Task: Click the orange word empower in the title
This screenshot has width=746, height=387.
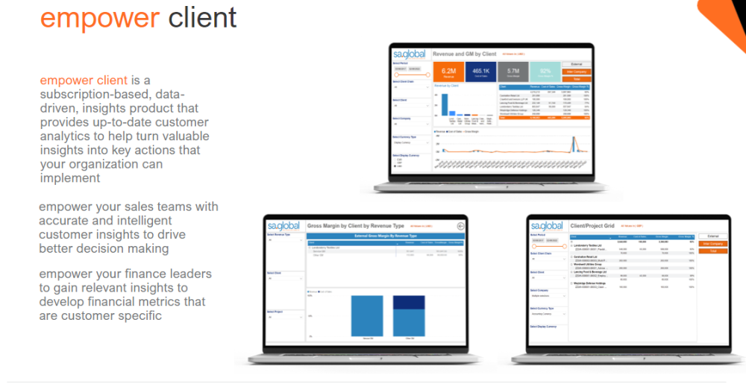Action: point(99,18)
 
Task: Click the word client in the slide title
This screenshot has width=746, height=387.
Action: point(202,18)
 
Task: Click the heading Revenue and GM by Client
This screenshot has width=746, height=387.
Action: point(465,54)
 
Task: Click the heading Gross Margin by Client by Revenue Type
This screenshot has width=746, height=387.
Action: point(355,225)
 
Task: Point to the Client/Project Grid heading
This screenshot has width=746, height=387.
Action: point(592,225)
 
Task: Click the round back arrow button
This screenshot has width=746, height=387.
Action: point(460,226)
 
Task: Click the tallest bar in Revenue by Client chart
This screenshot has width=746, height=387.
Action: point(444,104)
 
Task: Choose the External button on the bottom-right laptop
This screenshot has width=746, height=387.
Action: point(712,236)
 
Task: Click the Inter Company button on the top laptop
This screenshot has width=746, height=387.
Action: point(576,72)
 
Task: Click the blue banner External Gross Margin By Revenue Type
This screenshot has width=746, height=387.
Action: point(386,236)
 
